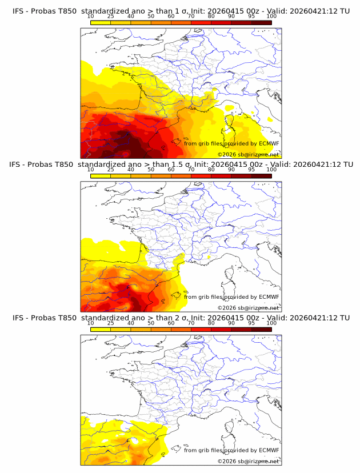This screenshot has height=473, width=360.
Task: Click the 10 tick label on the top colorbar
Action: pyautogui.click(x=91, y=16)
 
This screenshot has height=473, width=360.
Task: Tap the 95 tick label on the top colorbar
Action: pyautogui.click(x=251, y=16)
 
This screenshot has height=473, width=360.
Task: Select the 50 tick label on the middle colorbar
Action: pyautogui.click(x=151, y=170)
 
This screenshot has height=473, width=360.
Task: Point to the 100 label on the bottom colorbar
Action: pyautogui.click(x=271, y=323)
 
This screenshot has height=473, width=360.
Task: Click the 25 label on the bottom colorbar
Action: pyautogui.click(x=111, y=323)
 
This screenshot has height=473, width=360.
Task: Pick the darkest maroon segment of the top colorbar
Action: pyautogui.click(x=261, y=22)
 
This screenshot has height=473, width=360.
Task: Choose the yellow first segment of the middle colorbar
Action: pyautogui.click(x=101, y=176)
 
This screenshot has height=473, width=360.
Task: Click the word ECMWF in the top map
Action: pyautogui.click(x=269, y=143)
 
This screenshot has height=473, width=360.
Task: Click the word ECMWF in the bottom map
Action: pyautogui.click(x=269, y=451)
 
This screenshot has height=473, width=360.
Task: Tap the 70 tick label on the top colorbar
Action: pyautogui.click(x=191, y=16)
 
